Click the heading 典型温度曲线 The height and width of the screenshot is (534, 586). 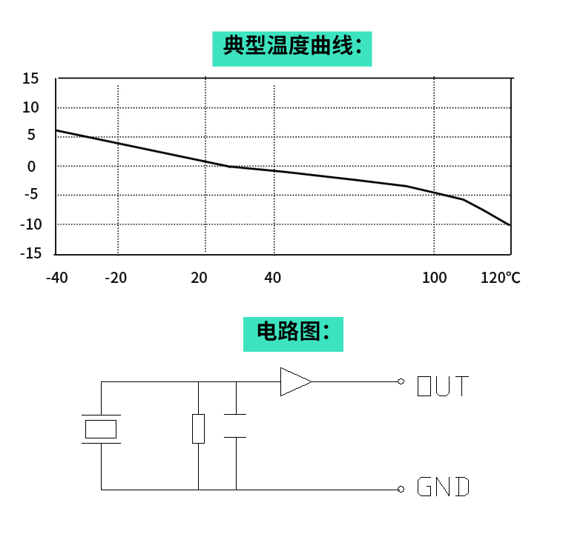coord(292,48)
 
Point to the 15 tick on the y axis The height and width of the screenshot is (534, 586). coord(30,79)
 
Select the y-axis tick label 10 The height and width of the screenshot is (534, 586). coord(30,107)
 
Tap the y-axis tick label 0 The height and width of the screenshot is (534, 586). coord(32,167)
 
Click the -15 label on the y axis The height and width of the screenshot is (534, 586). coord(30,253)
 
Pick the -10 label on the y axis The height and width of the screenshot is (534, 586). coord(30,224)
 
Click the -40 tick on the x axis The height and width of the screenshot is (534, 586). coord(56,278)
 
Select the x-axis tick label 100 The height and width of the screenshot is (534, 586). coord(435,278)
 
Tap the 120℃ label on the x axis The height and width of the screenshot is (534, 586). coord(501,278)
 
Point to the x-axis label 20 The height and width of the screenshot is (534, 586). coord(199,278)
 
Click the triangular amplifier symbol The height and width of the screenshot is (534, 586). coord(294,381)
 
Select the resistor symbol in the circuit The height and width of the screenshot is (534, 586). coord(198,429)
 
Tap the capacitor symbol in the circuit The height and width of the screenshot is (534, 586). coord(235,426)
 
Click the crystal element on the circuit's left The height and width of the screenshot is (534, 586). coord(101,429)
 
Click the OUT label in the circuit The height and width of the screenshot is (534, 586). coord(443,386)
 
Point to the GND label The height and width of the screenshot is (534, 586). coord(443,487)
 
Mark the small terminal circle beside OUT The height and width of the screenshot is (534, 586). coord(401,381)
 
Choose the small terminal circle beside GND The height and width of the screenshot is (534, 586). coord(401,489)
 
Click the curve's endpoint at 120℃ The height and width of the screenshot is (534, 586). coord(510,224)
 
